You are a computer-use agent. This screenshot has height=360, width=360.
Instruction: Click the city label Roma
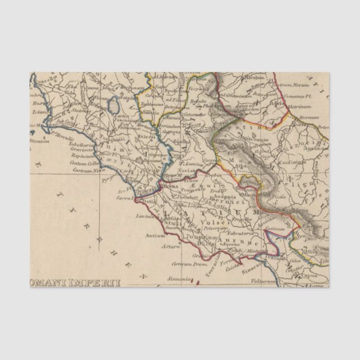tap(172, 184)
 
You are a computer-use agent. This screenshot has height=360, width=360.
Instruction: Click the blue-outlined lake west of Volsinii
tap(115, 105)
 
